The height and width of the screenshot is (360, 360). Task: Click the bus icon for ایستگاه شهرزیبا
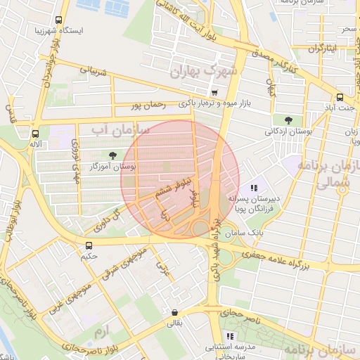[58, 20]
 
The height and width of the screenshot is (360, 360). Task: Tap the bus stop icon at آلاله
[36, 133]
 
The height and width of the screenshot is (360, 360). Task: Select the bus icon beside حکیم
[89, 245]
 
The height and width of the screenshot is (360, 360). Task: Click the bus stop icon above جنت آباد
[340, 98]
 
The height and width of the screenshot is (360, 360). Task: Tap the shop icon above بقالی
[174, 313]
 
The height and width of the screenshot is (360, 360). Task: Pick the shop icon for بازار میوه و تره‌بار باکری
[214, 92]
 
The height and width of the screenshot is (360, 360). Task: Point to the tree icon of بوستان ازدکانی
[288, 120]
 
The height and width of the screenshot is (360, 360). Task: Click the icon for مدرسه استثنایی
[230, 337]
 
